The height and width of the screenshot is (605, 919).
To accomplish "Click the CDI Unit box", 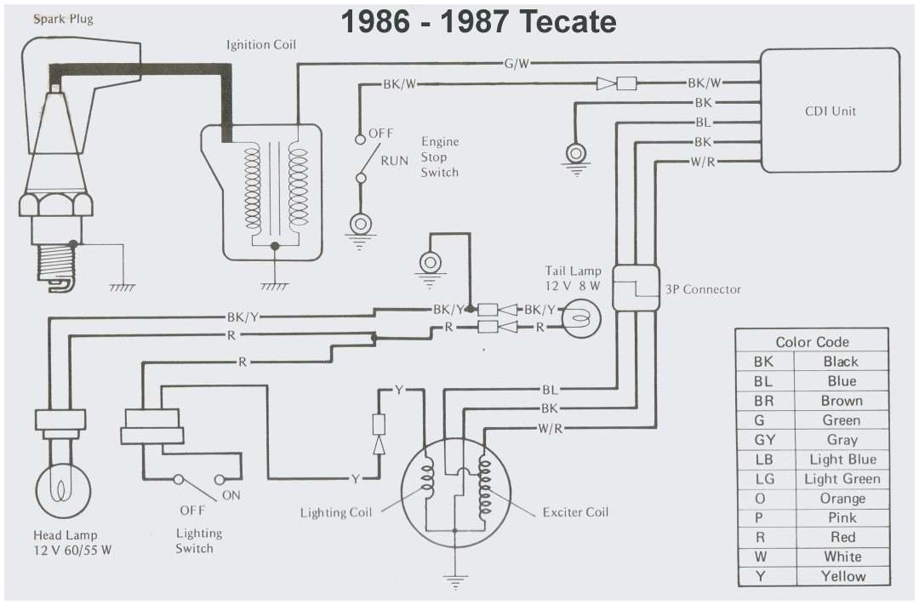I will (x=830, y=111).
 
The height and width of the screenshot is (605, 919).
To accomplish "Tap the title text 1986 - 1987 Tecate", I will (x=478, y=22).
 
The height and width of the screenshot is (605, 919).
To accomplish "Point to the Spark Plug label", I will (x=63, y=18).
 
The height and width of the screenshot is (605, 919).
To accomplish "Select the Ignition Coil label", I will (x=261, y=45).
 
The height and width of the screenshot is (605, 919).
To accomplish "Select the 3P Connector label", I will (x=703, y=289).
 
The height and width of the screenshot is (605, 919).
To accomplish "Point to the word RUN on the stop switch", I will (x=394, y=160).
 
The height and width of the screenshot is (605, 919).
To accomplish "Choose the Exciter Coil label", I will (x=575, y=512).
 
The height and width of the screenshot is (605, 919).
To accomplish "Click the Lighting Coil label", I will (x=335, y=513).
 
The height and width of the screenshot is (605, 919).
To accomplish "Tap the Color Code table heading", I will (x=812, y=342).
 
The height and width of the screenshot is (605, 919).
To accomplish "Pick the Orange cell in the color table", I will (x=842, y=499).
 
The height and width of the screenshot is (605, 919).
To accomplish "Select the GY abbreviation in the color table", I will (x=764, y=440).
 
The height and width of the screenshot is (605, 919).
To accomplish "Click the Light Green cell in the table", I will (x=842, y=479).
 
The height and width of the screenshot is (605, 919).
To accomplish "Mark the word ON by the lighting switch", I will (x=231, y=495).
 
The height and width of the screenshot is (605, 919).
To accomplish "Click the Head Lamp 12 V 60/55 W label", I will (x=72, y=543).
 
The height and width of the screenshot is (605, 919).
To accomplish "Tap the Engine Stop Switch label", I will (x=439, y=157).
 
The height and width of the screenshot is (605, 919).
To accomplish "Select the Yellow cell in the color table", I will (x=842, y=576).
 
